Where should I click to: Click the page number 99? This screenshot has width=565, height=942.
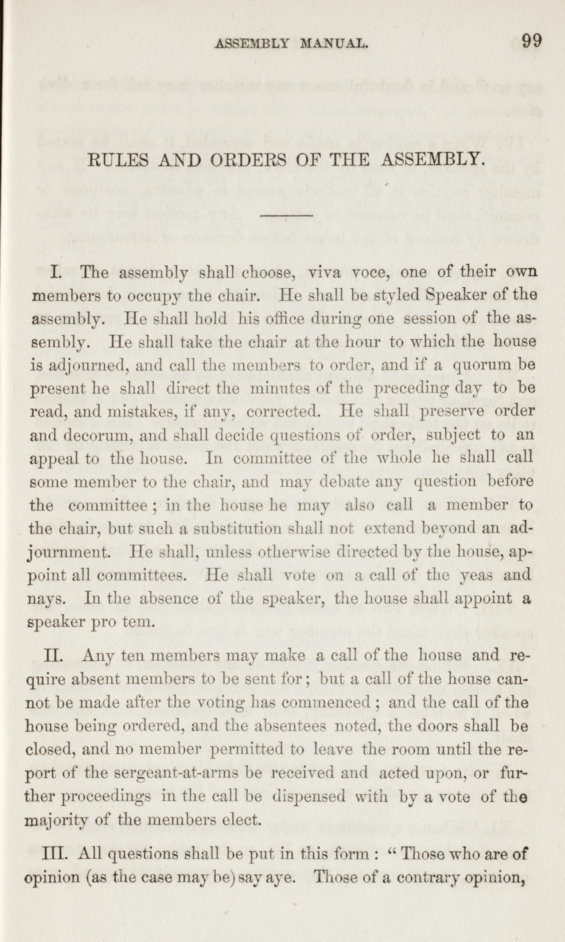pyautogui.click(x=531, y=41)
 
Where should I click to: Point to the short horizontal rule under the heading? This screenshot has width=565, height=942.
pyautogui.click(x=287, y=216)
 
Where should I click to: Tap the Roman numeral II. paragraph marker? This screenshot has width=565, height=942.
pyautogui.click(x=58, y=655)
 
